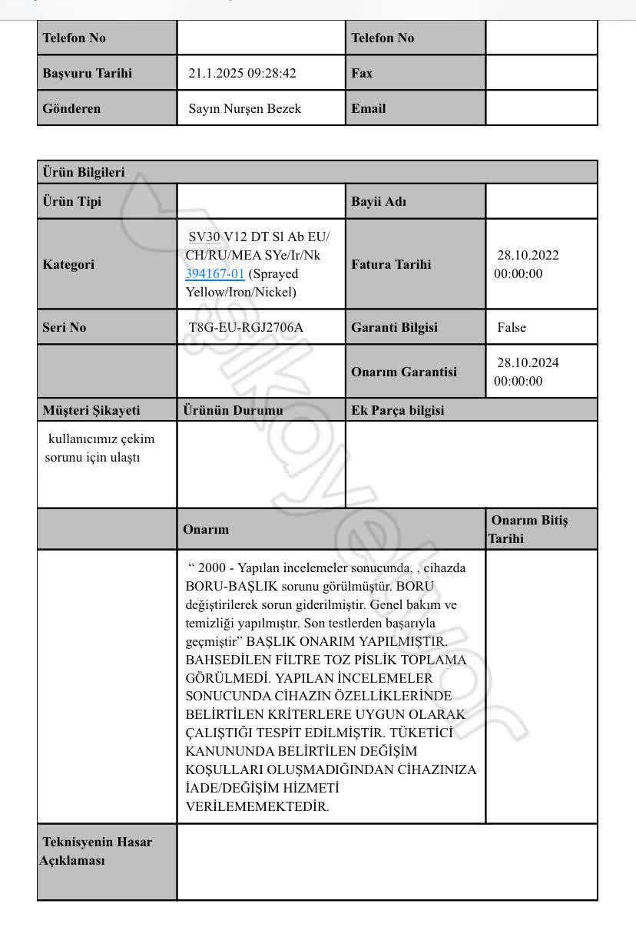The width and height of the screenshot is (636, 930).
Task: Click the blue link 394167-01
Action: coord(215,274)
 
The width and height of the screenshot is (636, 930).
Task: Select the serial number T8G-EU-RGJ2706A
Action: coord(246,328)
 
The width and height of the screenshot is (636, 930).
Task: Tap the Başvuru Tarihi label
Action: coord(88,74)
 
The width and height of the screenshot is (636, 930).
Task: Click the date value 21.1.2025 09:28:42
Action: coord(242,74)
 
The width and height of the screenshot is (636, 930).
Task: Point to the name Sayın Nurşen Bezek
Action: coord(245,109)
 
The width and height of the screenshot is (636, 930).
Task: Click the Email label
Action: coord(369,109)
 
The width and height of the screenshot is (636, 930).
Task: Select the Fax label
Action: coord(362,74)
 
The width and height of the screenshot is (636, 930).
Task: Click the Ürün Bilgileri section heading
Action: coord(84,173)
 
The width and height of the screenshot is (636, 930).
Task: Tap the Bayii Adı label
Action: coord(379,203)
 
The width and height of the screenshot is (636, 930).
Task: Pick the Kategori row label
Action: coord(69,265)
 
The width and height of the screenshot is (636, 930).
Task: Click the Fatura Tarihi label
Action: coord(391,265)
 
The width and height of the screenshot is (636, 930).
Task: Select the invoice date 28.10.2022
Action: coord(528,256)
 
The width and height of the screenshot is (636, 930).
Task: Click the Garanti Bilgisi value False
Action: coord(512,328)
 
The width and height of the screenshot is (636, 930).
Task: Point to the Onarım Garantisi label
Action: coord(403,372)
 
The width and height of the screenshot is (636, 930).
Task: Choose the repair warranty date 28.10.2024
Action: coord(528,363)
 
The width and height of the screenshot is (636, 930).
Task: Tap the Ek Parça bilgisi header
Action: coord(398,410)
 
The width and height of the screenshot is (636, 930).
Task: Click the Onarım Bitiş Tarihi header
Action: coord(529,529)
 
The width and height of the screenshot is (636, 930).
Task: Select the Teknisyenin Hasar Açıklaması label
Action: coord(96,851)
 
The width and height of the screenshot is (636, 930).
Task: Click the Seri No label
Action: coord(65,328)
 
